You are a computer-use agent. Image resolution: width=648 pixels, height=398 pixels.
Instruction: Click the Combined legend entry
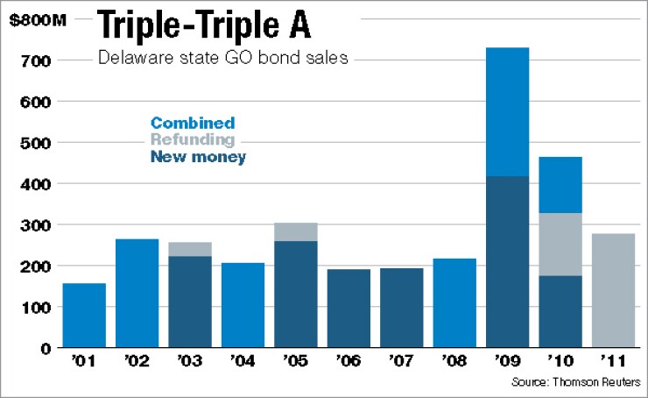(x=192, y=124)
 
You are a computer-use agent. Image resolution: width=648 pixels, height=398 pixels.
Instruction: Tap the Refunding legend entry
(x=192, y=140)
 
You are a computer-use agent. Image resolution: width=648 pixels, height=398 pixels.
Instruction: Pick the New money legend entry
(x=198, y=157)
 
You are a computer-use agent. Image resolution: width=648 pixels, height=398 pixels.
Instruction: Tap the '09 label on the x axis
(x=507, y=360)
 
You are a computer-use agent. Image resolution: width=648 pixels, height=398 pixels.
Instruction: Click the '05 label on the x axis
(x=295, y=360)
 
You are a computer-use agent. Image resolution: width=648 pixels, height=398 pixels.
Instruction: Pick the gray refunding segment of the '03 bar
(x=190, y=249)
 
